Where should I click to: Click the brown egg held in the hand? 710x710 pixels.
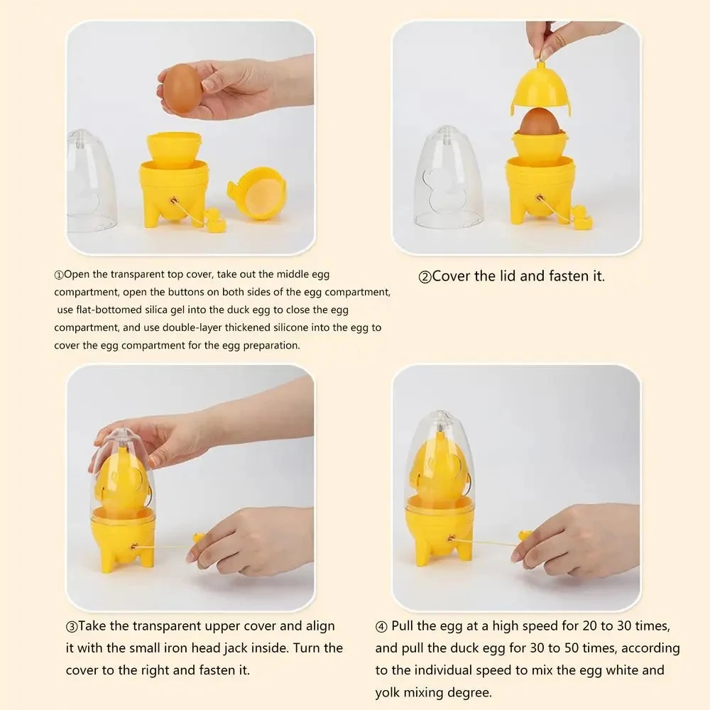tap(182, 88)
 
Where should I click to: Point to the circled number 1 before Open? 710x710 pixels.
tap(59, 275)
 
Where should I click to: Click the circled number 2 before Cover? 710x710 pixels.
tap(425, 277)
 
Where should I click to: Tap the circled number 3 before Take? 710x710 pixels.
tap(72, 627)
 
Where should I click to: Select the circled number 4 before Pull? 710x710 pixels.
tap(381, 627)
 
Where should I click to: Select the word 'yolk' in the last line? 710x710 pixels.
tap(388, 692)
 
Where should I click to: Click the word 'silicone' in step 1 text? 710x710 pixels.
tap(290, 327)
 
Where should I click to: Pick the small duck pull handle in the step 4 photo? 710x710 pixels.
tap(525, 536)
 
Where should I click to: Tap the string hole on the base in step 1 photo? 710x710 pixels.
tap(174, 200)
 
